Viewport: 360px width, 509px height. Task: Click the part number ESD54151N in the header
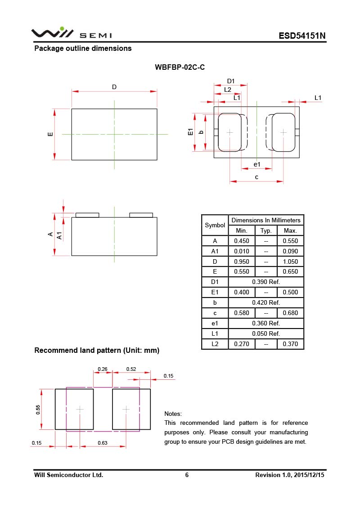301,36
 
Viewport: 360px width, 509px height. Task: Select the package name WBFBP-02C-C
180,68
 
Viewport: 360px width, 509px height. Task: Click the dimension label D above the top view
114,87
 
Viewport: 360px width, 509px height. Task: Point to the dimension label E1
190,132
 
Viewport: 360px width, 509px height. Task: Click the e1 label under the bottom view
257,164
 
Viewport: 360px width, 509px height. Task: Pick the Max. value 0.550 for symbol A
290,241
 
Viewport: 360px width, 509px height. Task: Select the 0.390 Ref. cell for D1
266,282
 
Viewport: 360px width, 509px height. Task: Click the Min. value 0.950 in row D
242,261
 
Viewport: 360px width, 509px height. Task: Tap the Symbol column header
215,225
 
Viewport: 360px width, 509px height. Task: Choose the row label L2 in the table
215,344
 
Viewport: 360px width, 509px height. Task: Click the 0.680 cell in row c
290,313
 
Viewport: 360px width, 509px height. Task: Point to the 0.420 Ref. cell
266,302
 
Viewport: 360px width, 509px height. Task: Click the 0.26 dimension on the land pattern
103,369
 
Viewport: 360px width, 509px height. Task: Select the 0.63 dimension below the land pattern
103,443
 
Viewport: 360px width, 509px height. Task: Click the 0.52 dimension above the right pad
131,369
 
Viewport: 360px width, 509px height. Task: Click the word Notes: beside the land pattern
173,414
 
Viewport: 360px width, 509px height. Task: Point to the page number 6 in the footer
187,475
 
